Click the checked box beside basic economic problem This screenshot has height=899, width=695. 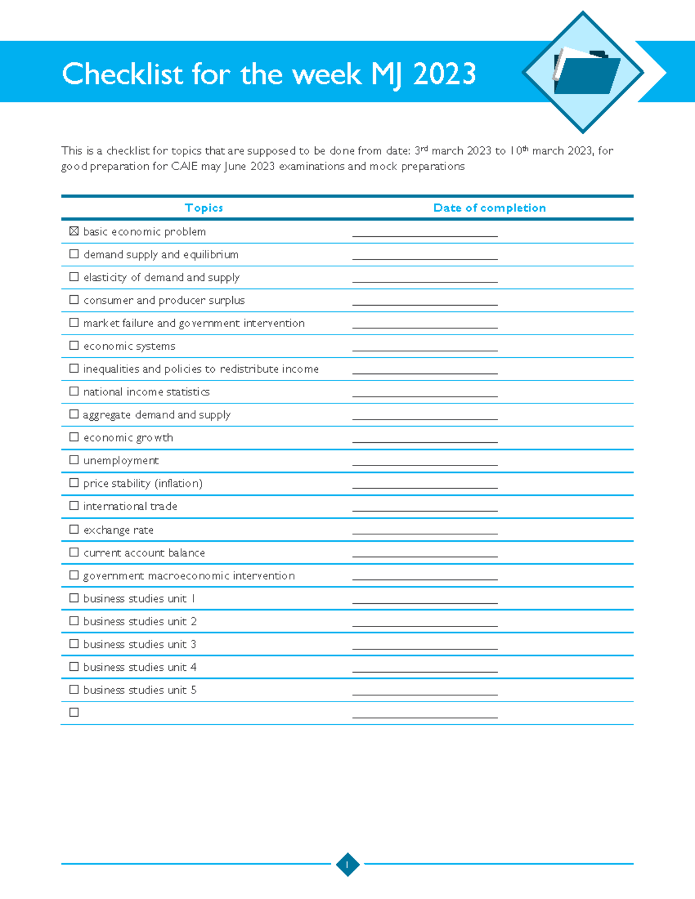pos(74,231)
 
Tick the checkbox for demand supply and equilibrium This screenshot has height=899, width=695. pos(74,254)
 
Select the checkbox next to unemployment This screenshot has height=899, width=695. pos(74,460)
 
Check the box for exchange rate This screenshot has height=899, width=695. pos(74,529)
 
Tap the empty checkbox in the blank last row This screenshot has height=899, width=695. pos(74,712)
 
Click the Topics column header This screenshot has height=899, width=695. pos(204,208)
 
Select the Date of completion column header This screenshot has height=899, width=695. pos(489,208)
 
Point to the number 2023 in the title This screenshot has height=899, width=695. pos(444,74)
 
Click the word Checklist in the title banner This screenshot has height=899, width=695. pos(122,74)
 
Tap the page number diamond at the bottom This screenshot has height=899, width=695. pos(348,864)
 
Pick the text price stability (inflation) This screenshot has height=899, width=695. pos(143,483)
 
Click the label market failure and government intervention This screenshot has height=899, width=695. pos(194,323)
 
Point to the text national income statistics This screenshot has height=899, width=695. pos(147,392)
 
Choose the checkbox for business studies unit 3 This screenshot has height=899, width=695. pos(74,643)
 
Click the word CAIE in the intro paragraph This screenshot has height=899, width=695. pos(184,167)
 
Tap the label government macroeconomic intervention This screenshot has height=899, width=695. pos(189,575)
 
